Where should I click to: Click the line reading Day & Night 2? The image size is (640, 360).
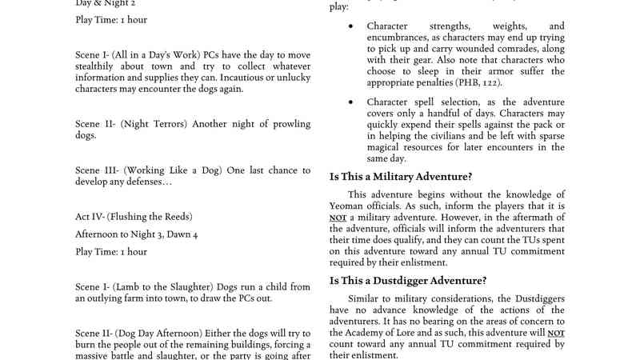[x=106, y=3]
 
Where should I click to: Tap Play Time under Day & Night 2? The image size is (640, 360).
[x=111, y=19]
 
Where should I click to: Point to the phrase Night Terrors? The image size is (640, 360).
[x=158, y=125]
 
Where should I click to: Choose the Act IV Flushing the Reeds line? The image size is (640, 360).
[x=134, y=216]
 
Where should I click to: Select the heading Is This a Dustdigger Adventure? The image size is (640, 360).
[x=408, y=280]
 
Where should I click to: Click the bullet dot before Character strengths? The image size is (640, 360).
[x=350, y=26]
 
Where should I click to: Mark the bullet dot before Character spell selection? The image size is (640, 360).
[x=350, y=102]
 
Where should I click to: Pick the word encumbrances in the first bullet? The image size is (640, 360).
[x=398, y=38]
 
